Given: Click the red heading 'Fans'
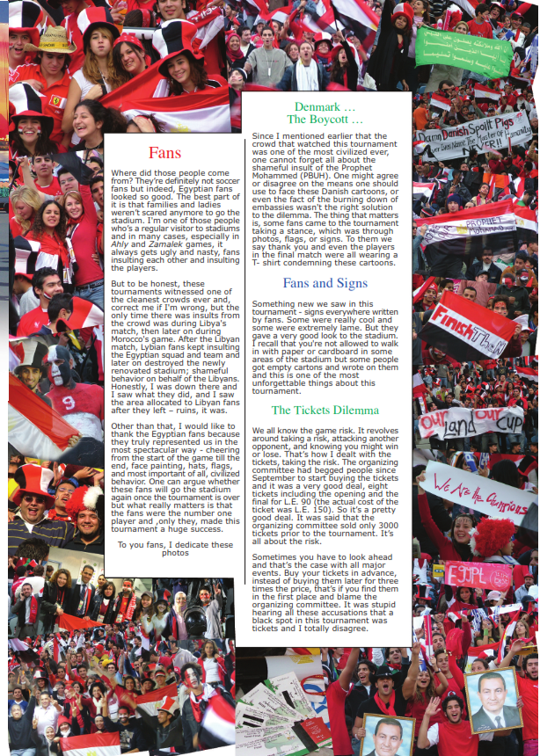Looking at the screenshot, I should tap(165, 152).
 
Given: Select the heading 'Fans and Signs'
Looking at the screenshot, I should tap(325, 283).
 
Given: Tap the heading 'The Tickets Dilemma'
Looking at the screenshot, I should tap(325, 410).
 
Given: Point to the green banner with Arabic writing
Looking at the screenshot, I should tap(463, 52).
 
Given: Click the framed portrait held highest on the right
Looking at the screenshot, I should tap(493, 700).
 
